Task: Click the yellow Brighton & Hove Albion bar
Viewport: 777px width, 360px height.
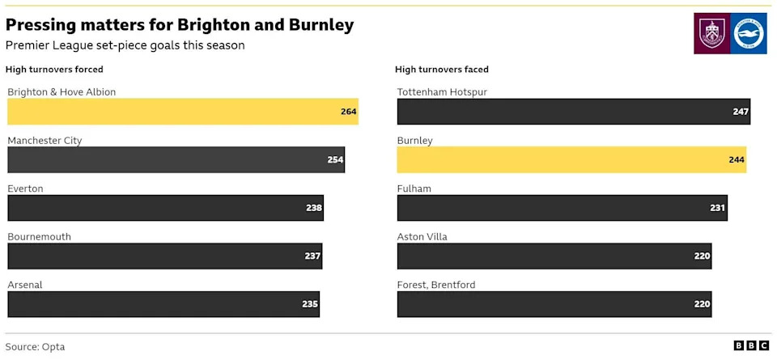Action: [182, 112]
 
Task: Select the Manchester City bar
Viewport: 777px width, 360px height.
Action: [176, 159]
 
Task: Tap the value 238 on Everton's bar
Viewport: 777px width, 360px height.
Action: [314, 208]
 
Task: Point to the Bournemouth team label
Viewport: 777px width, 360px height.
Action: [39, 237]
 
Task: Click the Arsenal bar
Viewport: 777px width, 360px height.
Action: [163, 304]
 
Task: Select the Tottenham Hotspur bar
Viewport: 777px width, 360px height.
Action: [573, 112]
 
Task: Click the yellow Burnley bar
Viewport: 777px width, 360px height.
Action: [571, 159]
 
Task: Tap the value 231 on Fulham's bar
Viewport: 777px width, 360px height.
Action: [717, 208]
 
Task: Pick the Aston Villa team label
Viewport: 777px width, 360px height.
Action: [422, 237]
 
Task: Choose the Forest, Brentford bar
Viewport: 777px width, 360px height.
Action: [554, 304]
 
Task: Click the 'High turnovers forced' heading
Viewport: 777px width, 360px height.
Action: [54, 70]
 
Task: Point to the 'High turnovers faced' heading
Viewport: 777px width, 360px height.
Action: [442, 70]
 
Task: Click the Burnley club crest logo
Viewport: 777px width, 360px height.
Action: [711, 34]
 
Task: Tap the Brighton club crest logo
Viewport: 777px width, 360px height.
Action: [749, 34]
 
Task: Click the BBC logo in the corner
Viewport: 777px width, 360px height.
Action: [751, 345]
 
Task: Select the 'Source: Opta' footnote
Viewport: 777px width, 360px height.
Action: [35, 346]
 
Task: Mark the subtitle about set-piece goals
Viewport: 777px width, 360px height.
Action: [125, 45]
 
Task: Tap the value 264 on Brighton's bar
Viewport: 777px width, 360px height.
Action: [349, 112]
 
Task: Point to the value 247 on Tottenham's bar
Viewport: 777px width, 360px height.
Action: [741, 112]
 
